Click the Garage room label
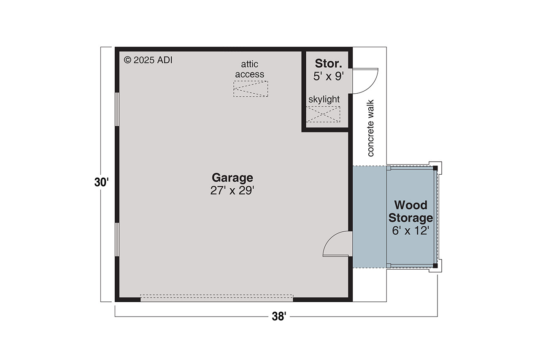click(232, 177)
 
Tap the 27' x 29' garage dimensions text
click(232, 191)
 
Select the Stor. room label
click(328, 64)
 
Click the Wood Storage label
click(410, 211)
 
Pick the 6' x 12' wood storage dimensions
click(410, 231)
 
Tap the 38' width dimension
click(279, 317)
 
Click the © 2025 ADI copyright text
click(148, 60)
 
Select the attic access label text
click(250, 69)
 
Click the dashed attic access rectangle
click(251, 89)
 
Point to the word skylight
click(324, 99)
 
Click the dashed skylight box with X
click(323, 114)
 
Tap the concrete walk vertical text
click(370, 128)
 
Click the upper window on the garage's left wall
click(117, 109)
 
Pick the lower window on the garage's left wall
click(117, 239)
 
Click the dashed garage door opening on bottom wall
click(216, 298)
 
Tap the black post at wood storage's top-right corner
click(435, 168)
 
